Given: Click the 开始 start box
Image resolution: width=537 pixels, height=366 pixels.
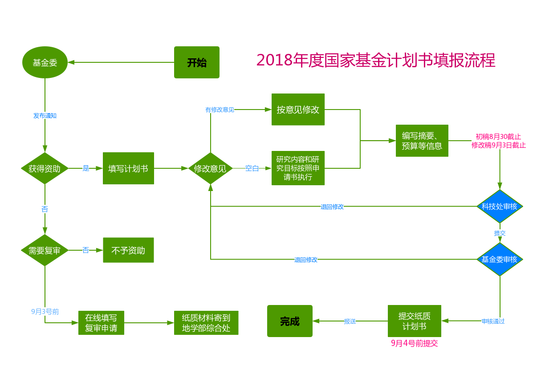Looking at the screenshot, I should (x=196, y=62).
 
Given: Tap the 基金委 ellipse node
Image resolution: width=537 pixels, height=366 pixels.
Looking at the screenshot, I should (x=45, y=62).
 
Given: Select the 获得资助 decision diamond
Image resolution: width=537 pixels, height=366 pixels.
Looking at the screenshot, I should (x=45, y=168).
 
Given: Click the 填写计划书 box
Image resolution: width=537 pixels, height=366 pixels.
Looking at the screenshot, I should (x=128, y=168).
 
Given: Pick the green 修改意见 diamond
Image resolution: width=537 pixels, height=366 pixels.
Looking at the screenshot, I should (x=210, y=168).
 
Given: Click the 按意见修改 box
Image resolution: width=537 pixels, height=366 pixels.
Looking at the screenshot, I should (x=298, y=110).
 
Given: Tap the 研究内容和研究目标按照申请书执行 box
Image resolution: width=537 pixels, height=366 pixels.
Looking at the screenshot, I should (x=298, y=168).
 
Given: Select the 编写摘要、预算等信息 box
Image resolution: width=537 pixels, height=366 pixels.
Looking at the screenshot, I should (x=422, y=141).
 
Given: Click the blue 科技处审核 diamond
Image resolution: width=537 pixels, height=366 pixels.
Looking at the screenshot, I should (x=500, y=206).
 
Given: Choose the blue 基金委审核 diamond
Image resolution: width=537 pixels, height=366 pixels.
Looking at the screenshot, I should (x=500, y=259).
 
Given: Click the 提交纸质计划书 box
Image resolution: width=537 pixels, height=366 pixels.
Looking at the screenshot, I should (x=414, y=321).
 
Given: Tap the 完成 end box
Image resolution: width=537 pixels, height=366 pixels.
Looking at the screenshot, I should (x=289, y=321).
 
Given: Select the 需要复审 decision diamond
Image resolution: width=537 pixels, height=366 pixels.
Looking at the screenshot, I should (x=45, y=250).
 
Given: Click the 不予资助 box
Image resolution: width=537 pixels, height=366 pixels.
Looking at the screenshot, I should (x=128, y=250).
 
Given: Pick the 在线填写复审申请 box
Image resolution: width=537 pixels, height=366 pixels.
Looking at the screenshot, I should (x=101, y=323).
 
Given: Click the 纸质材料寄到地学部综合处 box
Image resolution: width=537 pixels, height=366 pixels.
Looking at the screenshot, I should (x=206, y=323).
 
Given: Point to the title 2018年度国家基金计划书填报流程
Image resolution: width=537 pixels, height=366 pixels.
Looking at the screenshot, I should (x=376, y=60).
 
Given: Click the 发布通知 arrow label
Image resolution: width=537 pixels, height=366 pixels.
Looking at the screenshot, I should (x=45, y=115).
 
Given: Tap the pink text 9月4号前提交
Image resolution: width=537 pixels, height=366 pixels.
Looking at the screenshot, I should (x=414, y=343).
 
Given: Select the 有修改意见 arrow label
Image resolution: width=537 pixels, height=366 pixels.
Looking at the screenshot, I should (x=220, y=110).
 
